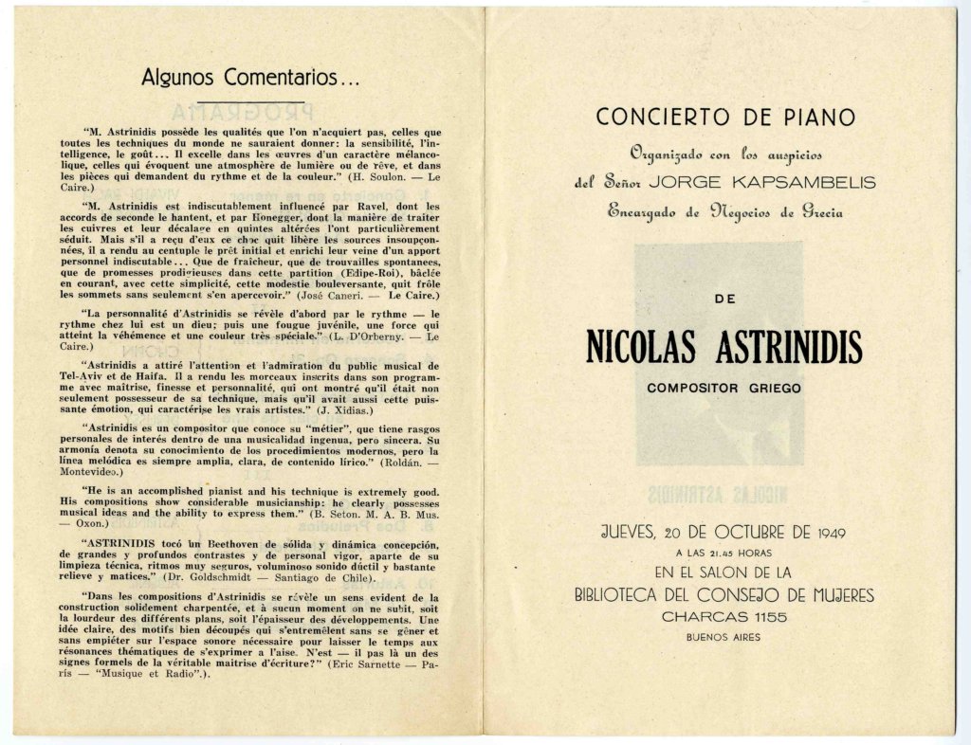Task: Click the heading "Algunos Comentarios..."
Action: [x=250, y=76]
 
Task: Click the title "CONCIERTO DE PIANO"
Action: [x=725, y=117]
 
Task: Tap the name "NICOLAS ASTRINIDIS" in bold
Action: [x=725, y=348]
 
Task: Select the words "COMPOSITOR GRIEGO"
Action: [x=724, y=388]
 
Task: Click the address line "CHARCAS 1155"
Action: [x=725, y=617]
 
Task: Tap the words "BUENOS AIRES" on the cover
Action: [x=724, y=637]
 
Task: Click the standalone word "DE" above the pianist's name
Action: [x=724, y=300]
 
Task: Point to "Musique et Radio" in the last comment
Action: [x=157, y=674]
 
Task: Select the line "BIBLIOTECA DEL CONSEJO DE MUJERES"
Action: [x=724, y=595]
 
